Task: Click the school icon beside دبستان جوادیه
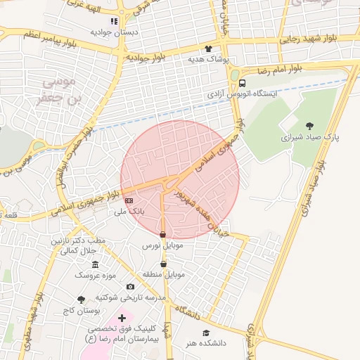click(x=115, y=22)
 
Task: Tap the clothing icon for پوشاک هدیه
click(x=208, y=49)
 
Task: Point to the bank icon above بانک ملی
click(x=128, y=200)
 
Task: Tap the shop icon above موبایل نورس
click(x=163, y=235)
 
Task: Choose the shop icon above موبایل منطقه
click(x=164, y=264)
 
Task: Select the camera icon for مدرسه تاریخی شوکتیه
click(x=130, y=286)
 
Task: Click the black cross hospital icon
click(x=122, y=319)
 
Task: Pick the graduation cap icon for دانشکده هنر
click(x=206, y=333)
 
